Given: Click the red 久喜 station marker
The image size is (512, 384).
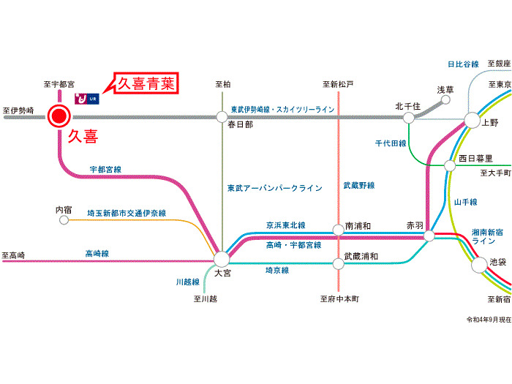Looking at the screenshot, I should [59, 116].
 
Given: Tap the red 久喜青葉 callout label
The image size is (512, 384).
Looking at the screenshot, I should [147, 83].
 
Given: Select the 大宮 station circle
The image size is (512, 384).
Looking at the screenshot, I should [222, 258].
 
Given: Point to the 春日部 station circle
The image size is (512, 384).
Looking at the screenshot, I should [222, 116].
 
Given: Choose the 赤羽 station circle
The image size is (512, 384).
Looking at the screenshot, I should [429, 236].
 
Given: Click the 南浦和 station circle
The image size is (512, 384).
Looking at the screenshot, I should [338, 230].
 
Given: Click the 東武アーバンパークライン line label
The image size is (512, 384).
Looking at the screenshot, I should [274, 188].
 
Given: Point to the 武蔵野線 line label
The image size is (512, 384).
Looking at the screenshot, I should [359, 186].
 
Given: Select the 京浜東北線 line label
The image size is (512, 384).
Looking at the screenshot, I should [286, 225].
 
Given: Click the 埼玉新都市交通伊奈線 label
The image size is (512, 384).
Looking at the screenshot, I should [127, 213].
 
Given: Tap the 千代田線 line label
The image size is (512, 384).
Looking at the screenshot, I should [390, 144].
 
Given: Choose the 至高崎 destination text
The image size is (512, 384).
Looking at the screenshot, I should [13, 255].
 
